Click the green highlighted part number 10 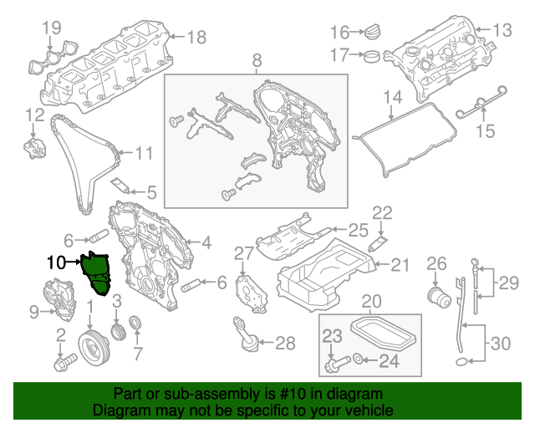96,273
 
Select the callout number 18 196,37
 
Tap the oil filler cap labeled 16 370,33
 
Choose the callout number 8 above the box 256,59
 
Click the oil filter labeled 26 436,296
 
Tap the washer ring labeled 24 358,361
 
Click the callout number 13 501,31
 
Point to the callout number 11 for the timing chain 145,154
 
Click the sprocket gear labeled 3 117,327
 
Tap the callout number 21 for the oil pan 400,265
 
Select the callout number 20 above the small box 370,301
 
